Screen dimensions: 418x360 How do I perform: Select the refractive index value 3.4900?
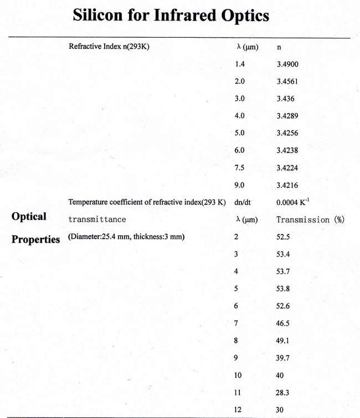point(287,64)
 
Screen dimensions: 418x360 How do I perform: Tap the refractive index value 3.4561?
point(287,81)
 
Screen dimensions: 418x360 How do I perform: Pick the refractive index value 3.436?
point(285,99)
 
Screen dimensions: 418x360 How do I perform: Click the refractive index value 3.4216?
point(287,185)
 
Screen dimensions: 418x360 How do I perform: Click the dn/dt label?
point(244,202)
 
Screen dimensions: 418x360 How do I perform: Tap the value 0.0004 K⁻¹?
point(292,202)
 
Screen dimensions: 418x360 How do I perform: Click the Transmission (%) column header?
point(310,220)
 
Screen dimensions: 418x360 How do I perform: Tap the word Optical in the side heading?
point(29,216)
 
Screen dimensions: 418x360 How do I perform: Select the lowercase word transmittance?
point(97,220)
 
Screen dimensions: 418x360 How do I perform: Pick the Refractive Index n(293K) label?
point(109,47)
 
